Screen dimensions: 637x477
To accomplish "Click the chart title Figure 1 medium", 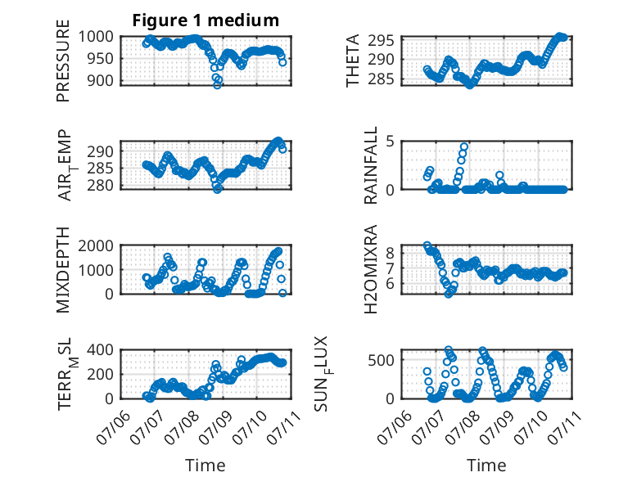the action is point(206,20).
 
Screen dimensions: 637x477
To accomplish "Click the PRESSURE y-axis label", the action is point(63,61).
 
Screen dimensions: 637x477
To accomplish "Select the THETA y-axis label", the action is point(353,61).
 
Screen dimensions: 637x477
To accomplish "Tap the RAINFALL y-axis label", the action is point(371,165).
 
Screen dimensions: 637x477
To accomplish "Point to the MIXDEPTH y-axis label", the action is point(63,270).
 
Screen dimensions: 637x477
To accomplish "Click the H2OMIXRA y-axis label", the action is point(371,269).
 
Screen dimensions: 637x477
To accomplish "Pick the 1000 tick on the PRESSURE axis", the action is point(96,37).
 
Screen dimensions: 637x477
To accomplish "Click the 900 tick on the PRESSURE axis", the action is point(101,80).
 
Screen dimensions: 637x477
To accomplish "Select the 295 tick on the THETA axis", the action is point(382,40).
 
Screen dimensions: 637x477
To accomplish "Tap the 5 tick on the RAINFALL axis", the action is point(391,142).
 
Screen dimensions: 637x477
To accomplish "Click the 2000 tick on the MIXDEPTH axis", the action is point(96,245).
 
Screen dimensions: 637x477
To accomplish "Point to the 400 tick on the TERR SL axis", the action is point(101,349).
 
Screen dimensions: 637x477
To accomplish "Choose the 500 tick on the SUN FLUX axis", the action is point(382,360).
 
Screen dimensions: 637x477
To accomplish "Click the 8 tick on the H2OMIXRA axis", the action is point(391,254).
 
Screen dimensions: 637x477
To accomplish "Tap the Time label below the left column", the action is point(206,466).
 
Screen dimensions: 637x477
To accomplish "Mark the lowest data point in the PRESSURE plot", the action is point(217,85).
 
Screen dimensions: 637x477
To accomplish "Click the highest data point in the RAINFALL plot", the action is point(464,146).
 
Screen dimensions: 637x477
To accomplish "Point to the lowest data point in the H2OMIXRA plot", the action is point(449,294).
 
